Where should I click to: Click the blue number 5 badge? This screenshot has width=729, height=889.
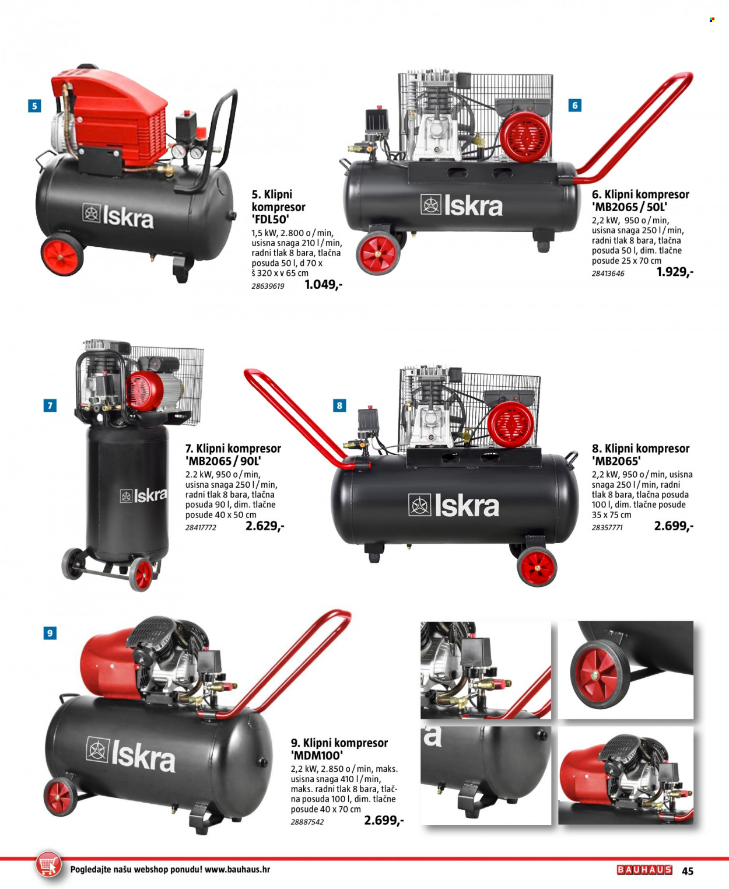[x=34, y=106]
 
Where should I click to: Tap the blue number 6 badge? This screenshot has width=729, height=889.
[x=575, y=105]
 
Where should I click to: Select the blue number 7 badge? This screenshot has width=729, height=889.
[x=50, y=405]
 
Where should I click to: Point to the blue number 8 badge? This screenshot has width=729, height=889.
[x=339, y=405]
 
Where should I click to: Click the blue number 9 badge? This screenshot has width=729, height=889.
[x=50, y=633]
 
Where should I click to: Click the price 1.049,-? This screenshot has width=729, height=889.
[x=323, y=285]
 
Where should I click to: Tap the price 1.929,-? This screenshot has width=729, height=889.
[x=675, y=272]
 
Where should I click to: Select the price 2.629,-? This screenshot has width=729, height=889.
[x=265, y=526]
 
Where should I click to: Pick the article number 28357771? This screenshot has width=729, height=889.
[x=607, y=527]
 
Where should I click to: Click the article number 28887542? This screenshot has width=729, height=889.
[x=307, y=822]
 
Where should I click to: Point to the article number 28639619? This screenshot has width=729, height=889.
[x=268, y=286]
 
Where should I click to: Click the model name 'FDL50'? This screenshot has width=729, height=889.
[x=271, y=219]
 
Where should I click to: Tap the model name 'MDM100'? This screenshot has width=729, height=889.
[x=317, y=755]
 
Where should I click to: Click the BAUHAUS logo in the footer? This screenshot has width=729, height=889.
[x=644, y=870]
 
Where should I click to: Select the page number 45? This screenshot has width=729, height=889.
[x=688, y=871]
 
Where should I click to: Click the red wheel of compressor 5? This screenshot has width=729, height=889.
[x=62, y=256]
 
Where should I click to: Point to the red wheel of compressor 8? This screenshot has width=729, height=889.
[x=537, y=567]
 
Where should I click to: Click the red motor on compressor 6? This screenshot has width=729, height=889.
[x=525, y=136]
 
